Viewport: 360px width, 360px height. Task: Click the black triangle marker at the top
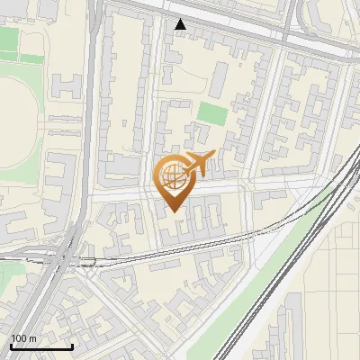(181, 24)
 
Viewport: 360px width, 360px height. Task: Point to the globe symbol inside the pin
(171, 175)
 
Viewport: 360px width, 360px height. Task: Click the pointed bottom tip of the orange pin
(172, 211)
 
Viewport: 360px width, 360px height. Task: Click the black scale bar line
(41, 346)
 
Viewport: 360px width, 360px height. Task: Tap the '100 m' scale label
(24, 338)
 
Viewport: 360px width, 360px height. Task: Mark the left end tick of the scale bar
(11, 345)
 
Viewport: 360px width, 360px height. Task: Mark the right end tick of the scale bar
(72, 345)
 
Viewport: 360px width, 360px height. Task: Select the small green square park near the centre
(212, 114)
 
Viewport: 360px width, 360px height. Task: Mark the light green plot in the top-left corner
(9, 40)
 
